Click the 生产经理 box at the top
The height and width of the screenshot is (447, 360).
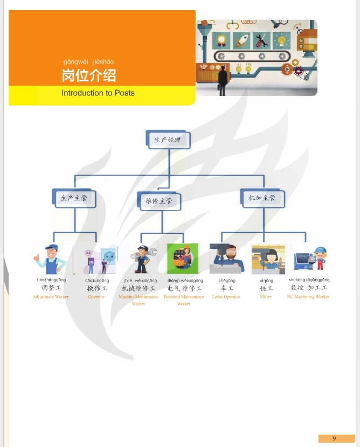tap(167, 139)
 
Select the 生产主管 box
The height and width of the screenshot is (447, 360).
tap(73, 198)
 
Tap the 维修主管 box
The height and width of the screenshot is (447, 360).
tap(158, 201)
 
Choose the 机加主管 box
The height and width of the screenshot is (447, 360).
tap(261, 198)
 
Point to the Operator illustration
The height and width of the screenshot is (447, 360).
tap(100, 260)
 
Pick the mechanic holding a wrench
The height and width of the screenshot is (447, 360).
tap(143, 259)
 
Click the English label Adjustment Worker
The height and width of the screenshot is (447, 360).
tap(51, 297)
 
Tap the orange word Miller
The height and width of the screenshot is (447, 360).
tap(266, 297)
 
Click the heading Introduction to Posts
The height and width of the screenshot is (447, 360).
tap(98, 93)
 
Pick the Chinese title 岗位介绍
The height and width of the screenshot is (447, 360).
tap(88, 75)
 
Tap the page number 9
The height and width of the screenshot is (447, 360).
tap(334, 438)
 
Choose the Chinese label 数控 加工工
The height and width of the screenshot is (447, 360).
tap(309, 288)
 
